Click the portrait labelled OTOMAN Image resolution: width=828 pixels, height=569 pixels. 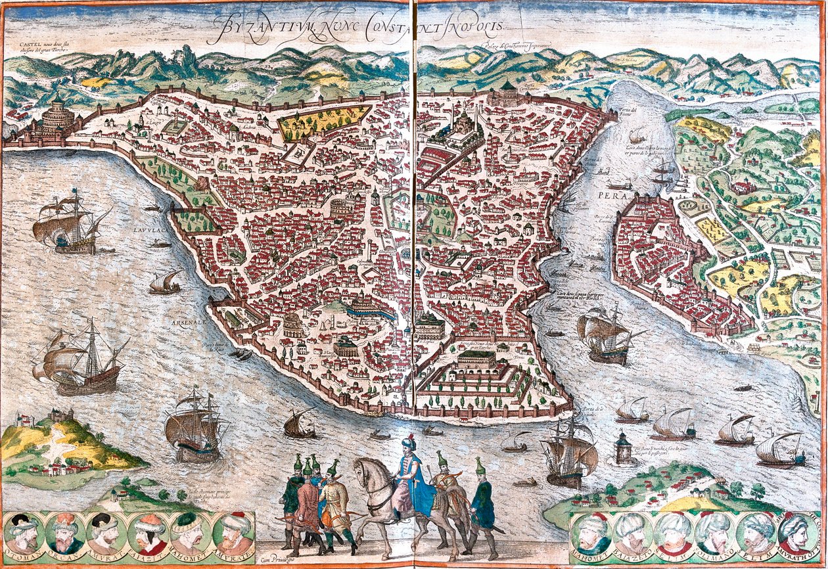coord(23,533)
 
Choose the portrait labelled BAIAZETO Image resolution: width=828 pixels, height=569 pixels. coord(632,533)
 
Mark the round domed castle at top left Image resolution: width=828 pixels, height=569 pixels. coord(58,118)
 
